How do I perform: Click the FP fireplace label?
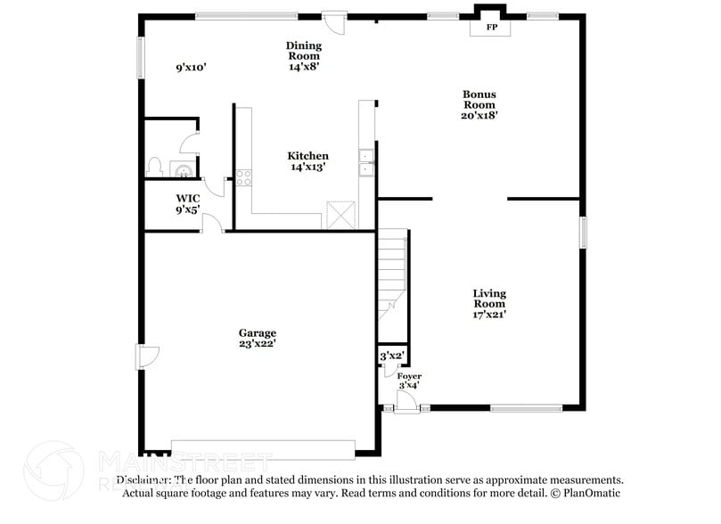[491, 28]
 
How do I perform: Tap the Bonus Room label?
[479, 103]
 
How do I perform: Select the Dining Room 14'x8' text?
[303, 55]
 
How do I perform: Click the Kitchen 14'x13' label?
[307, 161]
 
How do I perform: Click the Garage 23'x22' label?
[257, 338]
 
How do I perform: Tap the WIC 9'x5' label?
[187, 204]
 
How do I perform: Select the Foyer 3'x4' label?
[409, 381]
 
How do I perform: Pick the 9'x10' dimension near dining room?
[192, 67]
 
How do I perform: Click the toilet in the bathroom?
[154, 167]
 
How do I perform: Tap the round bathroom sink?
[182, 168]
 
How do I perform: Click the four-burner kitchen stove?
[244, 176]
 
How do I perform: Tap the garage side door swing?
[147, 356]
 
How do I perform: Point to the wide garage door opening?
[263, 447]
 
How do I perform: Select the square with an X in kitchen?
[341, 215]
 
